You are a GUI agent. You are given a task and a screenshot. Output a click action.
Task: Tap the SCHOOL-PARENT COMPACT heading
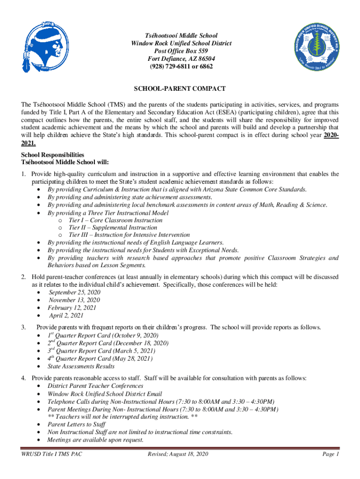(x=180, y=88)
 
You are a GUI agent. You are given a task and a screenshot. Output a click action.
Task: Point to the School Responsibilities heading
(x=53, y=154)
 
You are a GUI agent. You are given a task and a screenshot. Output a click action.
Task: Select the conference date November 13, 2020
(x=74, y=300)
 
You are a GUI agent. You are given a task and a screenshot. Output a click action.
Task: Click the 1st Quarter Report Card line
(x=103, y=336)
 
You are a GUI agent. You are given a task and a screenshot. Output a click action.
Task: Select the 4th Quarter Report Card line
(x=100, y=359)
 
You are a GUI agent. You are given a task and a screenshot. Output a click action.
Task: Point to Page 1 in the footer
(x=331, y=454)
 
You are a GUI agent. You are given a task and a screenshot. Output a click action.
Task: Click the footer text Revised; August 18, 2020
(x=178, y=454)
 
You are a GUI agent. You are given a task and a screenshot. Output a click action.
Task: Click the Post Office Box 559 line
(x=180, y=51)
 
